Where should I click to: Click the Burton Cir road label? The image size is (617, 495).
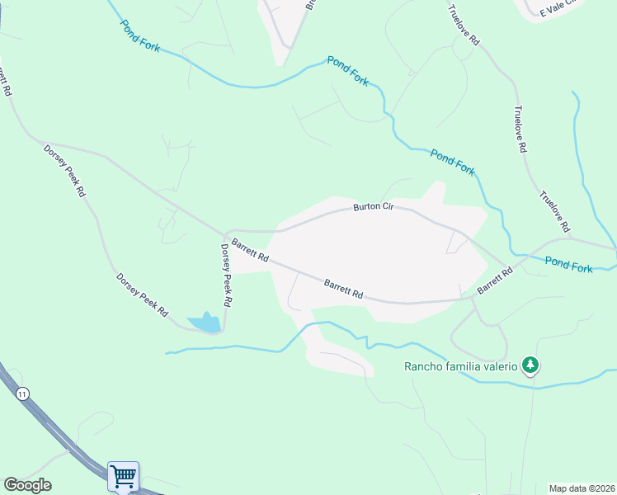(x=373, y=207)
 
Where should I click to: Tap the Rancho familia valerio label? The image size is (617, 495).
(x=459, y=366)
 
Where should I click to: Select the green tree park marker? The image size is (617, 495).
(x=531, y=365)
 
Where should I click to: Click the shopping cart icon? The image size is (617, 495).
(x=123, y=476)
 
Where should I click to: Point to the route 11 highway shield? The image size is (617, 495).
(x=21, y=395)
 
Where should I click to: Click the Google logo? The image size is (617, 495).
(x=27, y=485)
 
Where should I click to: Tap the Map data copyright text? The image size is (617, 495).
(x=582, y=488)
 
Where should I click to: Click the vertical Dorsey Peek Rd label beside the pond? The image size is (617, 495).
(x=225, y=275)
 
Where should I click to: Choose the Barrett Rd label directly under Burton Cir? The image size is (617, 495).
(x=343, y=288)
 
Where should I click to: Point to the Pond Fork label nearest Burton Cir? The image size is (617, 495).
(x=452, y=161)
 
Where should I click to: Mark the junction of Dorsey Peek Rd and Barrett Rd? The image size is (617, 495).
(x=225, y=233)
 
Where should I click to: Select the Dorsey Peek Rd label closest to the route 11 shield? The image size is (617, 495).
(x=142, y=295)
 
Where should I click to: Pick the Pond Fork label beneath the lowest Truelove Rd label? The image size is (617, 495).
(x=569, y=265)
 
